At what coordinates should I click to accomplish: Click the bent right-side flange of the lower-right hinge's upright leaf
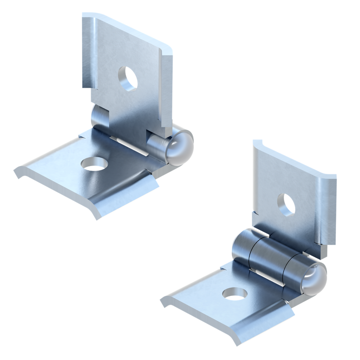coord(327,211)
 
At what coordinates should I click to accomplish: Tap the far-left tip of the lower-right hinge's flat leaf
coord(162,301)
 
